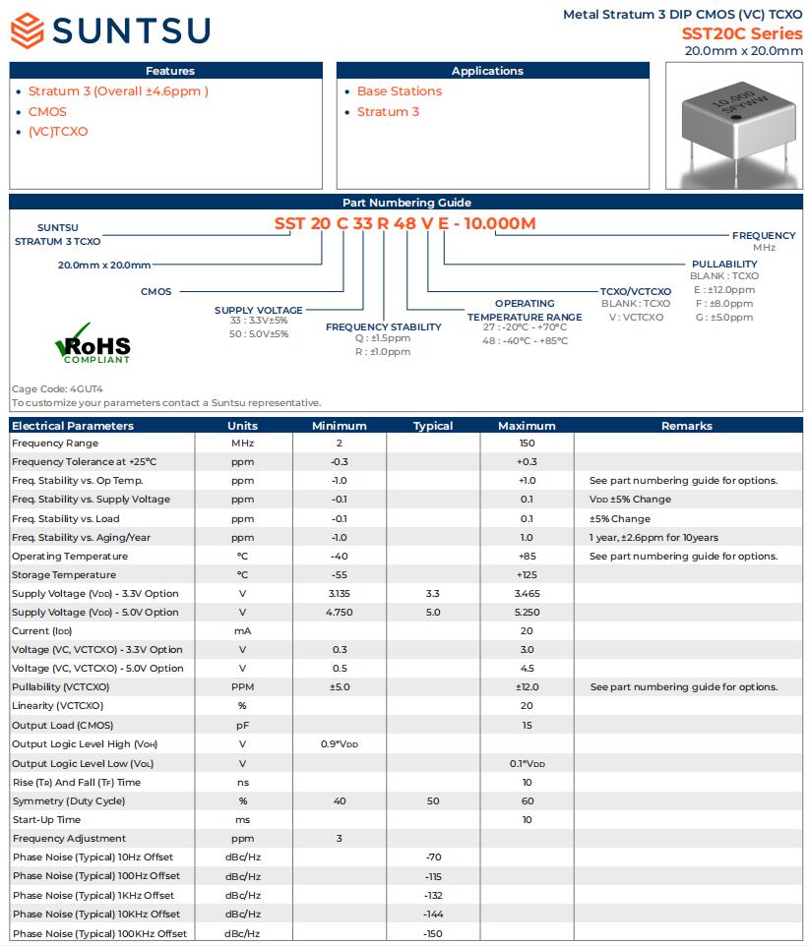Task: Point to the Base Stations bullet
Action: coord(399,91)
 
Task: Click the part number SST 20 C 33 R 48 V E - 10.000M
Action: coord(404,223)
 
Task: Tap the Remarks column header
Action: coord(686,426)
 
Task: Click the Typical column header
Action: coord(433,426)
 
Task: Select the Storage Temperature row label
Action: coord(63,575)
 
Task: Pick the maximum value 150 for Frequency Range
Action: coord(527,443)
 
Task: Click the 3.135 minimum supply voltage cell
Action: coord(339,594)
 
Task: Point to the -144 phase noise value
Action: coord(433,915)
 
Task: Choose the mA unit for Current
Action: coord(242,631)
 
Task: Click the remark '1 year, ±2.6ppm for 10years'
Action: coord(653,538)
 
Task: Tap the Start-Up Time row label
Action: coord(46,820)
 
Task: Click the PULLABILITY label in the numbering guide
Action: coord(724,265)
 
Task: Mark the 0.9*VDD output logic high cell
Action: coord(339,744)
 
